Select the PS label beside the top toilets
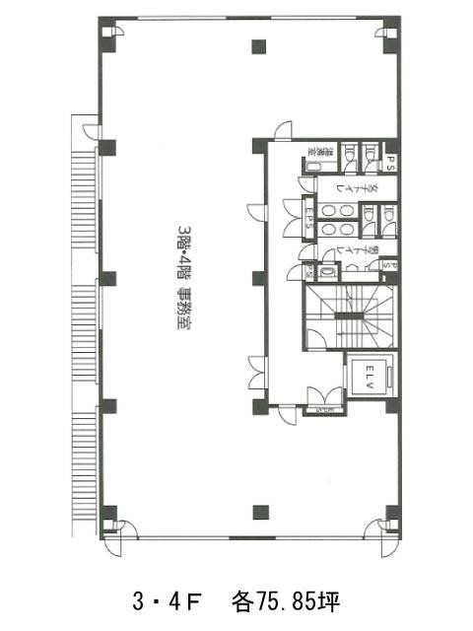tap(390, 161)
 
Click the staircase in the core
tap(350, 315)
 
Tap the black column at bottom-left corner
tap(108, 513)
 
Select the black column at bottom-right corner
tap(391, 513)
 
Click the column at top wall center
tap(259, 44)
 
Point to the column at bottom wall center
tap(259, 511)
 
